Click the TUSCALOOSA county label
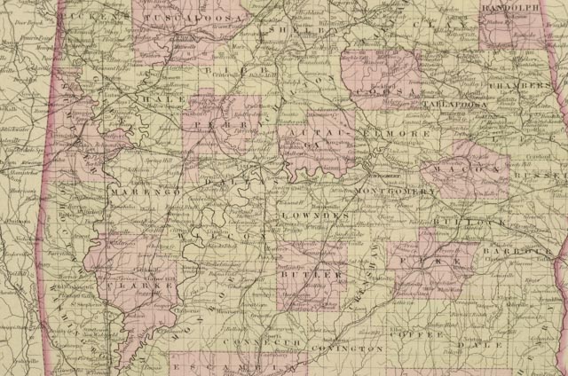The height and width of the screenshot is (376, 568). [192, 17]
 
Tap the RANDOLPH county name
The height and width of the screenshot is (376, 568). [509, 8]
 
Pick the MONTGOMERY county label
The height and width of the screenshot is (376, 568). [394, 192]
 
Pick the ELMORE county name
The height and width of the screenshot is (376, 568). [406, 133]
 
